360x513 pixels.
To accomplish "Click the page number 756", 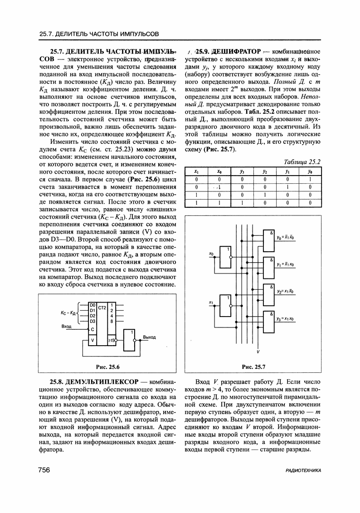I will (44, 470).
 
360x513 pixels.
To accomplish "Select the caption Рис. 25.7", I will (254, 366).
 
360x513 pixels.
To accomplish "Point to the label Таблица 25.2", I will (302, 162).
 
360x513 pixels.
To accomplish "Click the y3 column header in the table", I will (243, 171).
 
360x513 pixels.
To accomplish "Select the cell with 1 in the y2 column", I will (264, 195).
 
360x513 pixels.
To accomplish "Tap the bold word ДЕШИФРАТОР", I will (235, 51).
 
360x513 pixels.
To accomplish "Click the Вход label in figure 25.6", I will (67, 326).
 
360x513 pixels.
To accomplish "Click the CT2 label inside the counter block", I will (102, 308).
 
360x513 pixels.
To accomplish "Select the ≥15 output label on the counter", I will (112, 340).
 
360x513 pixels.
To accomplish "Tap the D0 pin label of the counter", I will (92, 304).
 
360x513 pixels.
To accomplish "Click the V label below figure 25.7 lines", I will (258, 352).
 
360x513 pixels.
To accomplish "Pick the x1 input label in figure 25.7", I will (211, 303).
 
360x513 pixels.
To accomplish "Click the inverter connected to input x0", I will (225, 257).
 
